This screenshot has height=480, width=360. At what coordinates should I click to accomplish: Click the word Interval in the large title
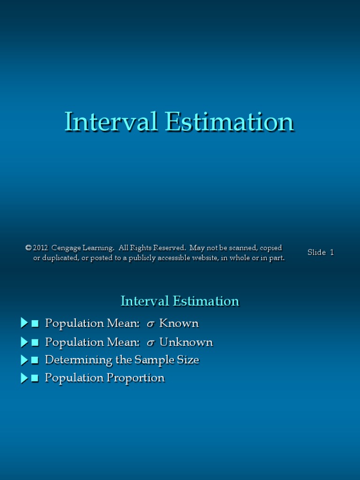point(110,122)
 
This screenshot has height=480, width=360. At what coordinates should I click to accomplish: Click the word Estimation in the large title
point(229,122)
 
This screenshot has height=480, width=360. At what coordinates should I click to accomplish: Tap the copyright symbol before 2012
point(28,248)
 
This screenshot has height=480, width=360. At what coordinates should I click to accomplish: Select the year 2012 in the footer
point(41,248)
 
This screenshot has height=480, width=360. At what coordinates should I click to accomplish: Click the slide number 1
point(332,252)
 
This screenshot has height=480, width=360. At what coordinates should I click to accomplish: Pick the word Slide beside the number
point(316,252)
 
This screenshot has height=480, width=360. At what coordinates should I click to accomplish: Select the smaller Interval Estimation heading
point(180,301)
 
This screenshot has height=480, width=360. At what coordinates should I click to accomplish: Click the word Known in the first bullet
point(179,323)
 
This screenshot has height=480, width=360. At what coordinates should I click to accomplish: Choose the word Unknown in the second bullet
point(186,342)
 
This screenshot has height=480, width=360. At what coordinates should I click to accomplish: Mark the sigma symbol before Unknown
point(150,343)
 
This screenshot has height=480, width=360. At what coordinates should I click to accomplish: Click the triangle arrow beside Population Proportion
point(24,378)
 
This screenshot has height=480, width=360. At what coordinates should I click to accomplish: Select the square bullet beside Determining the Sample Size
point(35,360)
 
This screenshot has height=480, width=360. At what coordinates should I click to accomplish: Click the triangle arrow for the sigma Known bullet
point(24,323)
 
